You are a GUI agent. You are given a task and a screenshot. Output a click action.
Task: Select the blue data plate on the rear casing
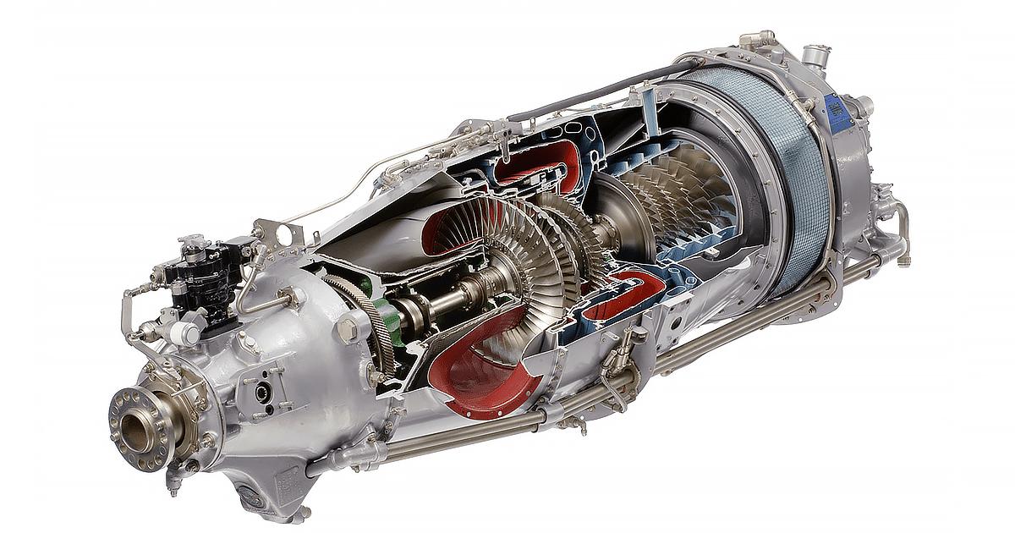[x=838, y=113]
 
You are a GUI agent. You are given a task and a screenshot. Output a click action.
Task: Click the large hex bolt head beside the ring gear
[x=346, y=329]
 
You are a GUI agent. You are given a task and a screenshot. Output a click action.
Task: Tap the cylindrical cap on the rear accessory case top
[x=814, y=58]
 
